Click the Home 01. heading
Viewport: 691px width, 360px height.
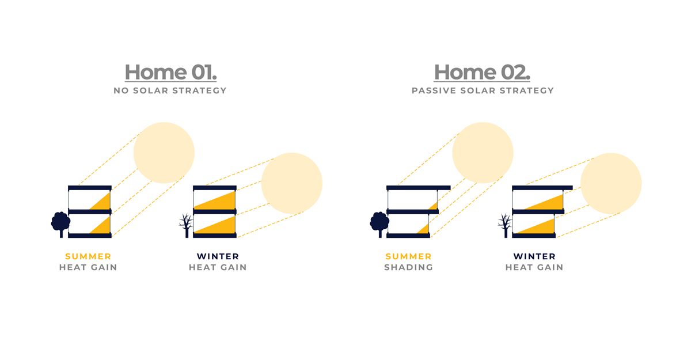[170, 73]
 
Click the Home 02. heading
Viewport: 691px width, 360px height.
[482, 73]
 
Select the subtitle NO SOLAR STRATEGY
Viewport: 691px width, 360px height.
[170, 90]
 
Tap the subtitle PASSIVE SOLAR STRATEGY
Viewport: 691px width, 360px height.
[483, 90]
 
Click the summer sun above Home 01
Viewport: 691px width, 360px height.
[164, 153]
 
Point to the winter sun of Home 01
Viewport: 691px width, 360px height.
[292, 183]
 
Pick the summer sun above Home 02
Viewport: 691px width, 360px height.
[483, 153]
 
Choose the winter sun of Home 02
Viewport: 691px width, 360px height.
[611, 184]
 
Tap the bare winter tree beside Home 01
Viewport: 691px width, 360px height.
[186, 225]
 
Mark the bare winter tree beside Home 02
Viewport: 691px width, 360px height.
[505, 225]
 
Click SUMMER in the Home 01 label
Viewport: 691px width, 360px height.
[88, 256]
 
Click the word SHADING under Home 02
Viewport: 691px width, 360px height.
[409, 267]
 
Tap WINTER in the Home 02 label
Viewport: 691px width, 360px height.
[534, 256]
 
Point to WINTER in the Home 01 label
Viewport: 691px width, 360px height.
[218, 256]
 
